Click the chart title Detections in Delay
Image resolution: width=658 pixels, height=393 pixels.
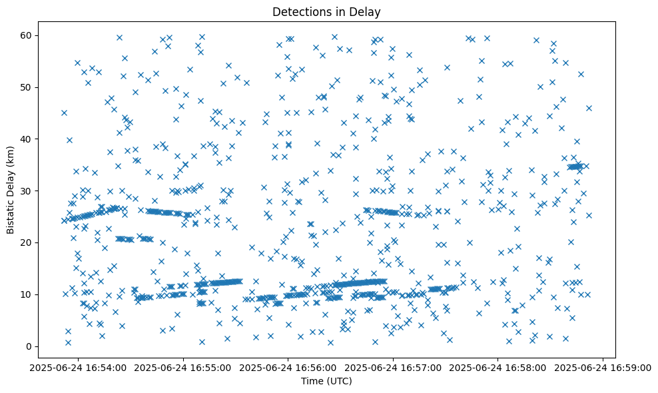tap(327, 11)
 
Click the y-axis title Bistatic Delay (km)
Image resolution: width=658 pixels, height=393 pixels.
tap(11, 185)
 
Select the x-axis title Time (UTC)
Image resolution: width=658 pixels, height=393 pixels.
tap(327, 381)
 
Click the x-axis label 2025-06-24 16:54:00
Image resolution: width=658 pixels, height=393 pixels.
tap(78, 367)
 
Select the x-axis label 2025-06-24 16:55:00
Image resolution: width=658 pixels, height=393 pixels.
tap(183, 367)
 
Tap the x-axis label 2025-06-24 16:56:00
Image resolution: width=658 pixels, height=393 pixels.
tap(288, 367)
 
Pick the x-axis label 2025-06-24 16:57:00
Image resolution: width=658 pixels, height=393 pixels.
tap(394, 367)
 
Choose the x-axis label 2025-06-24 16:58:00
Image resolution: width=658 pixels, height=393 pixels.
tap(499, 367)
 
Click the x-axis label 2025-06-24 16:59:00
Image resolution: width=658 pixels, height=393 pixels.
tap(603, 367)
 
